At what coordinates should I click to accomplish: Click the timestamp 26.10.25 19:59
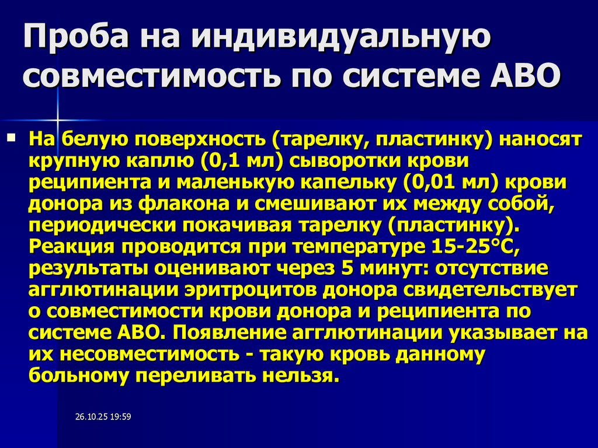click(103, 416)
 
